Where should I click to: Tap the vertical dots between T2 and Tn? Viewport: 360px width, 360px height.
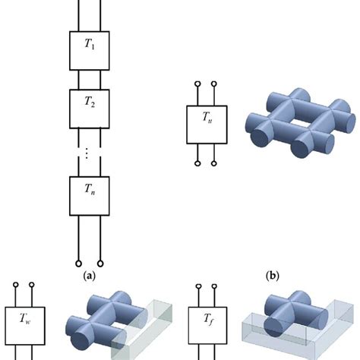click(88, 153)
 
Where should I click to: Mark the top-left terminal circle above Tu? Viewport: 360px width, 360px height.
click(197, 84)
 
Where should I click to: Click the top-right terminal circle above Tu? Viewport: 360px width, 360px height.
click(217, 84)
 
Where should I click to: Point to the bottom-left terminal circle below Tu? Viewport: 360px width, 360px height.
click(197, 162)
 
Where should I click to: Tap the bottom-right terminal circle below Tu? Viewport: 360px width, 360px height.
click(217, 162)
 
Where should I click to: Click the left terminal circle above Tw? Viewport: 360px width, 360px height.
click(14, 287)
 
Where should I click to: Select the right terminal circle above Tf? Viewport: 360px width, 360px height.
click(218, 287)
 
